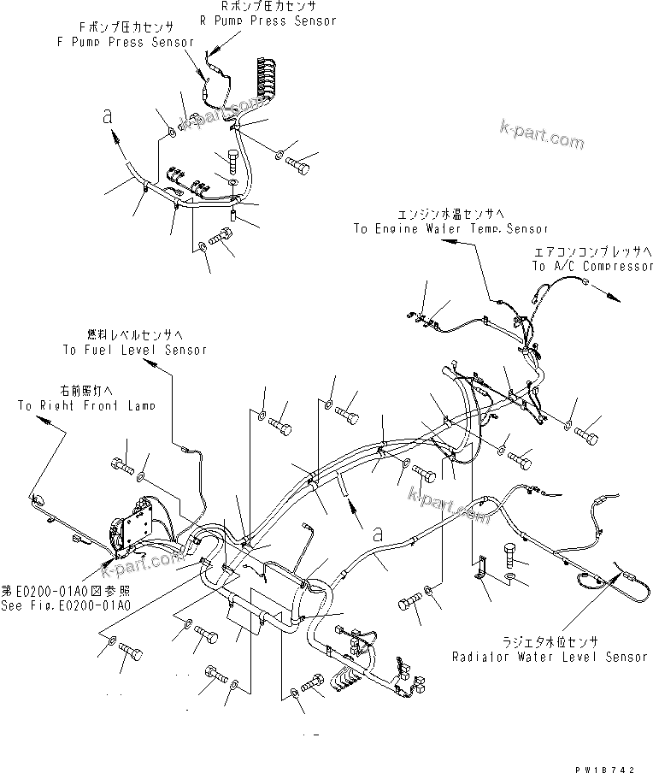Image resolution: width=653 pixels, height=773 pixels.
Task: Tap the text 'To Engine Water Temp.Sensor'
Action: (450, 228)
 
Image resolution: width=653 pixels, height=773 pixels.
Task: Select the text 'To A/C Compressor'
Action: (592, 266)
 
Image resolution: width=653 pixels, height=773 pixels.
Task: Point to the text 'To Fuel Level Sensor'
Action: (134, 350)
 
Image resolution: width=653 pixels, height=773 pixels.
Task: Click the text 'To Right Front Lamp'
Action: (86, 405)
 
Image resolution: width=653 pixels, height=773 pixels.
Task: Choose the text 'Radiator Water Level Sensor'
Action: (550, 656)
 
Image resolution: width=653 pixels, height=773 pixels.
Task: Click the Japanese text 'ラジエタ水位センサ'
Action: (550, 642)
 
